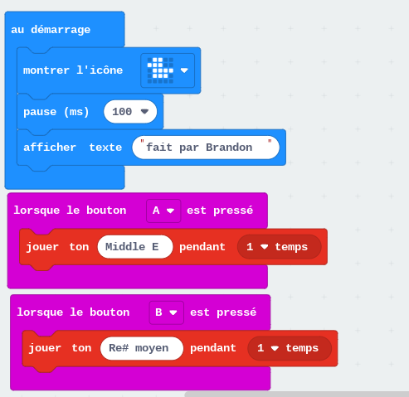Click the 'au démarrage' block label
pos(51,30)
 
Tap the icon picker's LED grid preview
pos(160,70)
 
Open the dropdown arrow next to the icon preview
pos(184,70)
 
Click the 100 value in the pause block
pos(122,112)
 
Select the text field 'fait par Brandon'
pos(206,148)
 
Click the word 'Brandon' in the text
pos(229,148)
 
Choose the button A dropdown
pos(163,211)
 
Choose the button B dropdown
pos(167,312)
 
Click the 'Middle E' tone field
pos(135,247)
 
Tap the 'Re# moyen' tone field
pos(142,348)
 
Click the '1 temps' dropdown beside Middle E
pos(279,247)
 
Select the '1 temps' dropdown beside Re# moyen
pos(290,348)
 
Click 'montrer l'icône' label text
pos(73,70)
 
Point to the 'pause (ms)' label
pos(56,112)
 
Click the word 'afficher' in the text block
pos(50,148)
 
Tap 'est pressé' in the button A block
pos(220,211)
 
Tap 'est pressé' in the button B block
pos(223,312)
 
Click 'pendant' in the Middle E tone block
pos(202,247)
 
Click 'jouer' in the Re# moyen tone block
pos(45,348)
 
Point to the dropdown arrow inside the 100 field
pos(144,111)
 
